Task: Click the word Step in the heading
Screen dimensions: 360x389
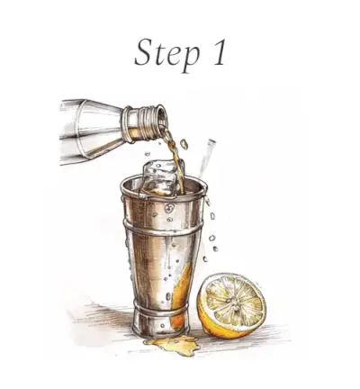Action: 166,55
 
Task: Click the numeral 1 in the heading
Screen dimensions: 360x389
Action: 218,51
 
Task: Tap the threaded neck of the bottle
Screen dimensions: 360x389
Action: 142,123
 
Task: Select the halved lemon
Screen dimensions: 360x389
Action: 231,305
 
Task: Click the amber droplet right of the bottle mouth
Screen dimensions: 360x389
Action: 184,144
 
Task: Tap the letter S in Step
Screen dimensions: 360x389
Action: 145,51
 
